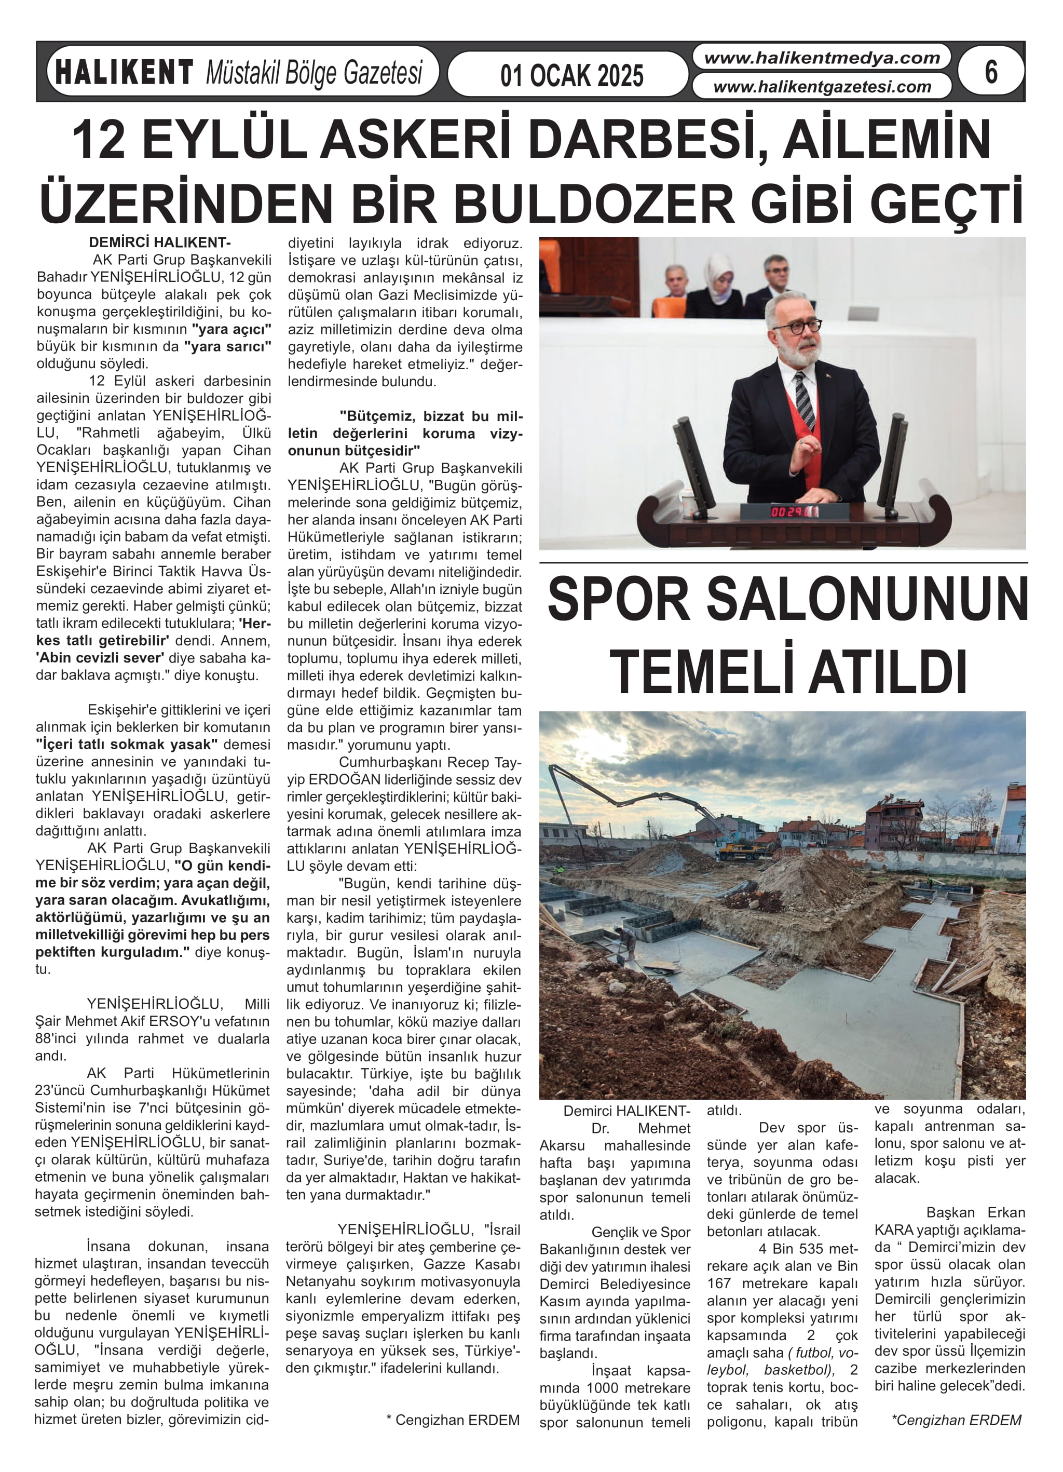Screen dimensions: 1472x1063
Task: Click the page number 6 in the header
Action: (990, 72)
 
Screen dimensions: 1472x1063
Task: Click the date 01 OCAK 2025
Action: (571, 76)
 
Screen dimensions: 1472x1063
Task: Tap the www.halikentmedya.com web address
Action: (822, 58)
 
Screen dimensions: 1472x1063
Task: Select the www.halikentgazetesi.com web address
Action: (822, 86)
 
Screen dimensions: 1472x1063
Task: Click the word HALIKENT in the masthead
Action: (124, 72)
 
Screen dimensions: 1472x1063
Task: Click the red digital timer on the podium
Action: (788, 511)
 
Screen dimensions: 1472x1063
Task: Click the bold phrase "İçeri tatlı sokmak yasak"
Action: (127, 745)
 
